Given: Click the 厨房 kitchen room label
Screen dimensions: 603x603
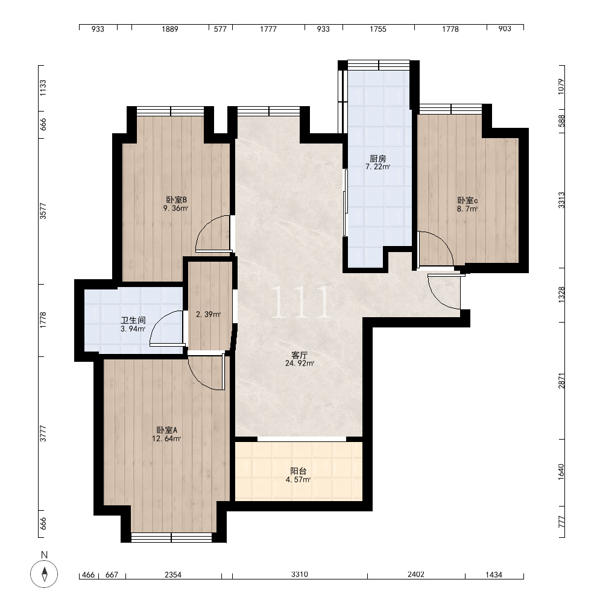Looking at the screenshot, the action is point(377,159).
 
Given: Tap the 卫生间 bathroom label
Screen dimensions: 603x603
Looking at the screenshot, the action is point(133,320).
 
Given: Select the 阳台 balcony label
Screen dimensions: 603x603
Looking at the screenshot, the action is point(298,471).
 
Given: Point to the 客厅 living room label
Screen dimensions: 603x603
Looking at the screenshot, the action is point(300,355).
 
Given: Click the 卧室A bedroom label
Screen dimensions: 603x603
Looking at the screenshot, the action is point(166,430).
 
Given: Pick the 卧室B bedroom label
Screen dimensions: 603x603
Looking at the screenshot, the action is point(177,200).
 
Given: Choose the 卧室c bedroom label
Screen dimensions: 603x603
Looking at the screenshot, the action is point(467,200).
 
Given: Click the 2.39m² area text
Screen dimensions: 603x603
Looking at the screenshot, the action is point(208,314).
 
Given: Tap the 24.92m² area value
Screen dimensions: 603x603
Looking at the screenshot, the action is point(300,363).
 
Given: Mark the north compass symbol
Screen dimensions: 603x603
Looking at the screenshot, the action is point(44,574).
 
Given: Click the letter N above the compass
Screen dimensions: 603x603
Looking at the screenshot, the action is point(44,555).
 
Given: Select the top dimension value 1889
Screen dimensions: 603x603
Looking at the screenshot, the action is point(169,29).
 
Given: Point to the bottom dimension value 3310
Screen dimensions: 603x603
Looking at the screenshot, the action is point(300,575).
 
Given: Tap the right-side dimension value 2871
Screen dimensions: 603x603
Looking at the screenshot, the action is point(561,380).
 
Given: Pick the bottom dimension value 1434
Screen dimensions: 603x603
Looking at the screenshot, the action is point(494,575).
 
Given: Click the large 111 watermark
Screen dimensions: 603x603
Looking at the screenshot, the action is point(301,302).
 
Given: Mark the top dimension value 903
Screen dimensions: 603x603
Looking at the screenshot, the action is point(505,29).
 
